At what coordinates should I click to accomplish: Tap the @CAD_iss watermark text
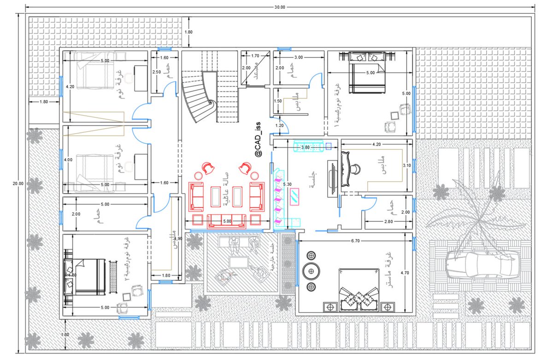pyautogui.click(x=258, y=138)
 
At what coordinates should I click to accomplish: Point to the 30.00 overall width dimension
pyautogui.click(x=280, y=7)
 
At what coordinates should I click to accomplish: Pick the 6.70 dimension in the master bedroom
pyautogui.click(x=355, y=241)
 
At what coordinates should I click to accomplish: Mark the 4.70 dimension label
pyautogui.click(x=405, y=272)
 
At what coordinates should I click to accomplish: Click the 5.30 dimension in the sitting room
pyautogui.click(x=288, y=184)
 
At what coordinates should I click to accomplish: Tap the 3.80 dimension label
pyautogui.click(x=305, y=148)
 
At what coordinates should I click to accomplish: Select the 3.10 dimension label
pyautogui.click(x=406, y=165)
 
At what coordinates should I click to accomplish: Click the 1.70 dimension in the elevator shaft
pyautogui.click(x=255, y=56)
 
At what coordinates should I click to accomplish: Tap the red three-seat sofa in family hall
pyautogui.click(x=226, y=221)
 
